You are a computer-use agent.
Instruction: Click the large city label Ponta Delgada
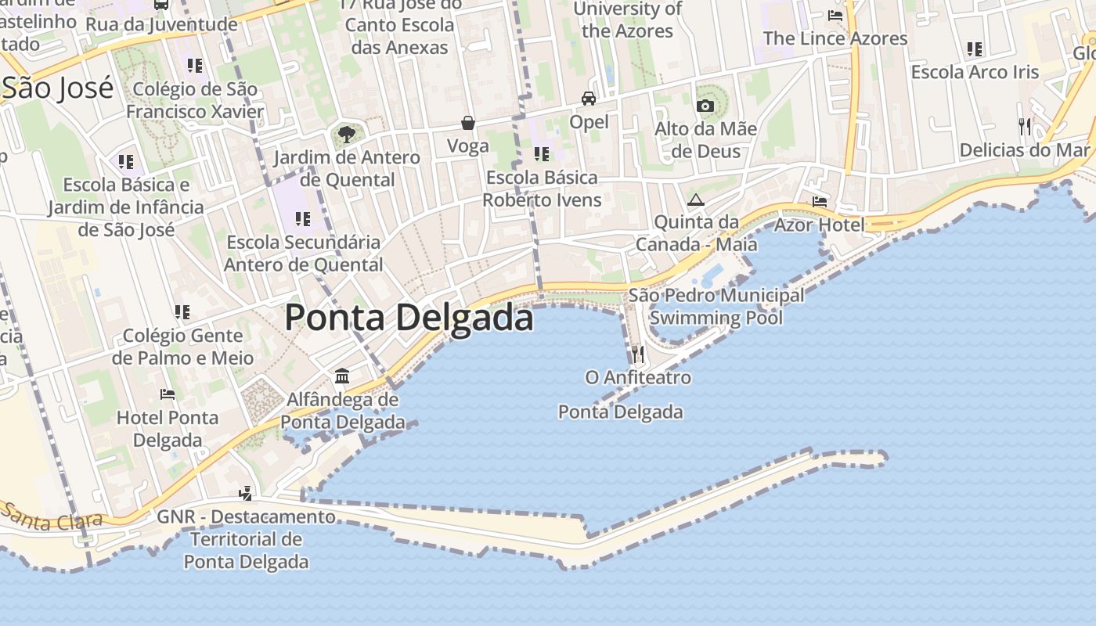pyautogui.click(x=409, y=318)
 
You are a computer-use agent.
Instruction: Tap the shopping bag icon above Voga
pyautogui.click(x=468, y=123)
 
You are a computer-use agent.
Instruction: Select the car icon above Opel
pyautogui.click(x=589, y=99)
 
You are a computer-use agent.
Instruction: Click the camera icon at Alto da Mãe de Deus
pyautogui.click(x=705, y=106)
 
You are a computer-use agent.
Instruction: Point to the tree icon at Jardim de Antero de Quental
pyautogui.click(x=345, y=135)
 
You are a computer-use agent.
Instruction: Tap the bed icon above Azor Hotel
pyautogui.click(x=820, y=202)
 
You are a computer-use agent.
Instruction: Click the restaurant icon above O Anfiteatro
pyautogui.click(x=638, y=354)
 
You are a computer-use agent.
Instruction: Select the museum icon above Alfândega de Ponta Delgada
pyautogui.click(x=342, y=376)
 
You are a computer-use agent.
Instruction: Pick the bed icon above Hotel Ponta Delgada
pyautogui.click(x=168, y=394)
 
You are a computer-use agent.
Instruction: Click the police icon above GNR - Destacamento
pyautogui.click(x=246, y=493)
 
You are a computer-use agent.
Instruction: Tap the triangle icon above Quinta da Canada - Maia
pyautogui.click(x=696, y=200)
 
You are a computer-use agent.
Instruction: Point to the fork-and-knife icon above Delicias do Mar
pyautogui.click(x=1024, y=126)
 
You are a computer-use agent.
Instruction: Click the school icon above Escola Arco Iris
pyautogui.click(x=975, y=49)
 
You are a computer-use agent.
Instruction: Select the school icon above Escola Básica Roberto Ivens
pyautogui.click(x=541, y=154)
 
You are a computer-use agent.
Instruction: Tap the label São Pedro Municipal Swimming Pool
pyautogui.click(x=716, y=307)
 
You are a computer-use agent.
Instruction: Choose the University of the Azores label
pyautogui.click(x=628, y=20)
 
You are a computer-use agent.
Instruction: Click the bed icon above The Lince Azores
pyautogui.click(x=835, y=16)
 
